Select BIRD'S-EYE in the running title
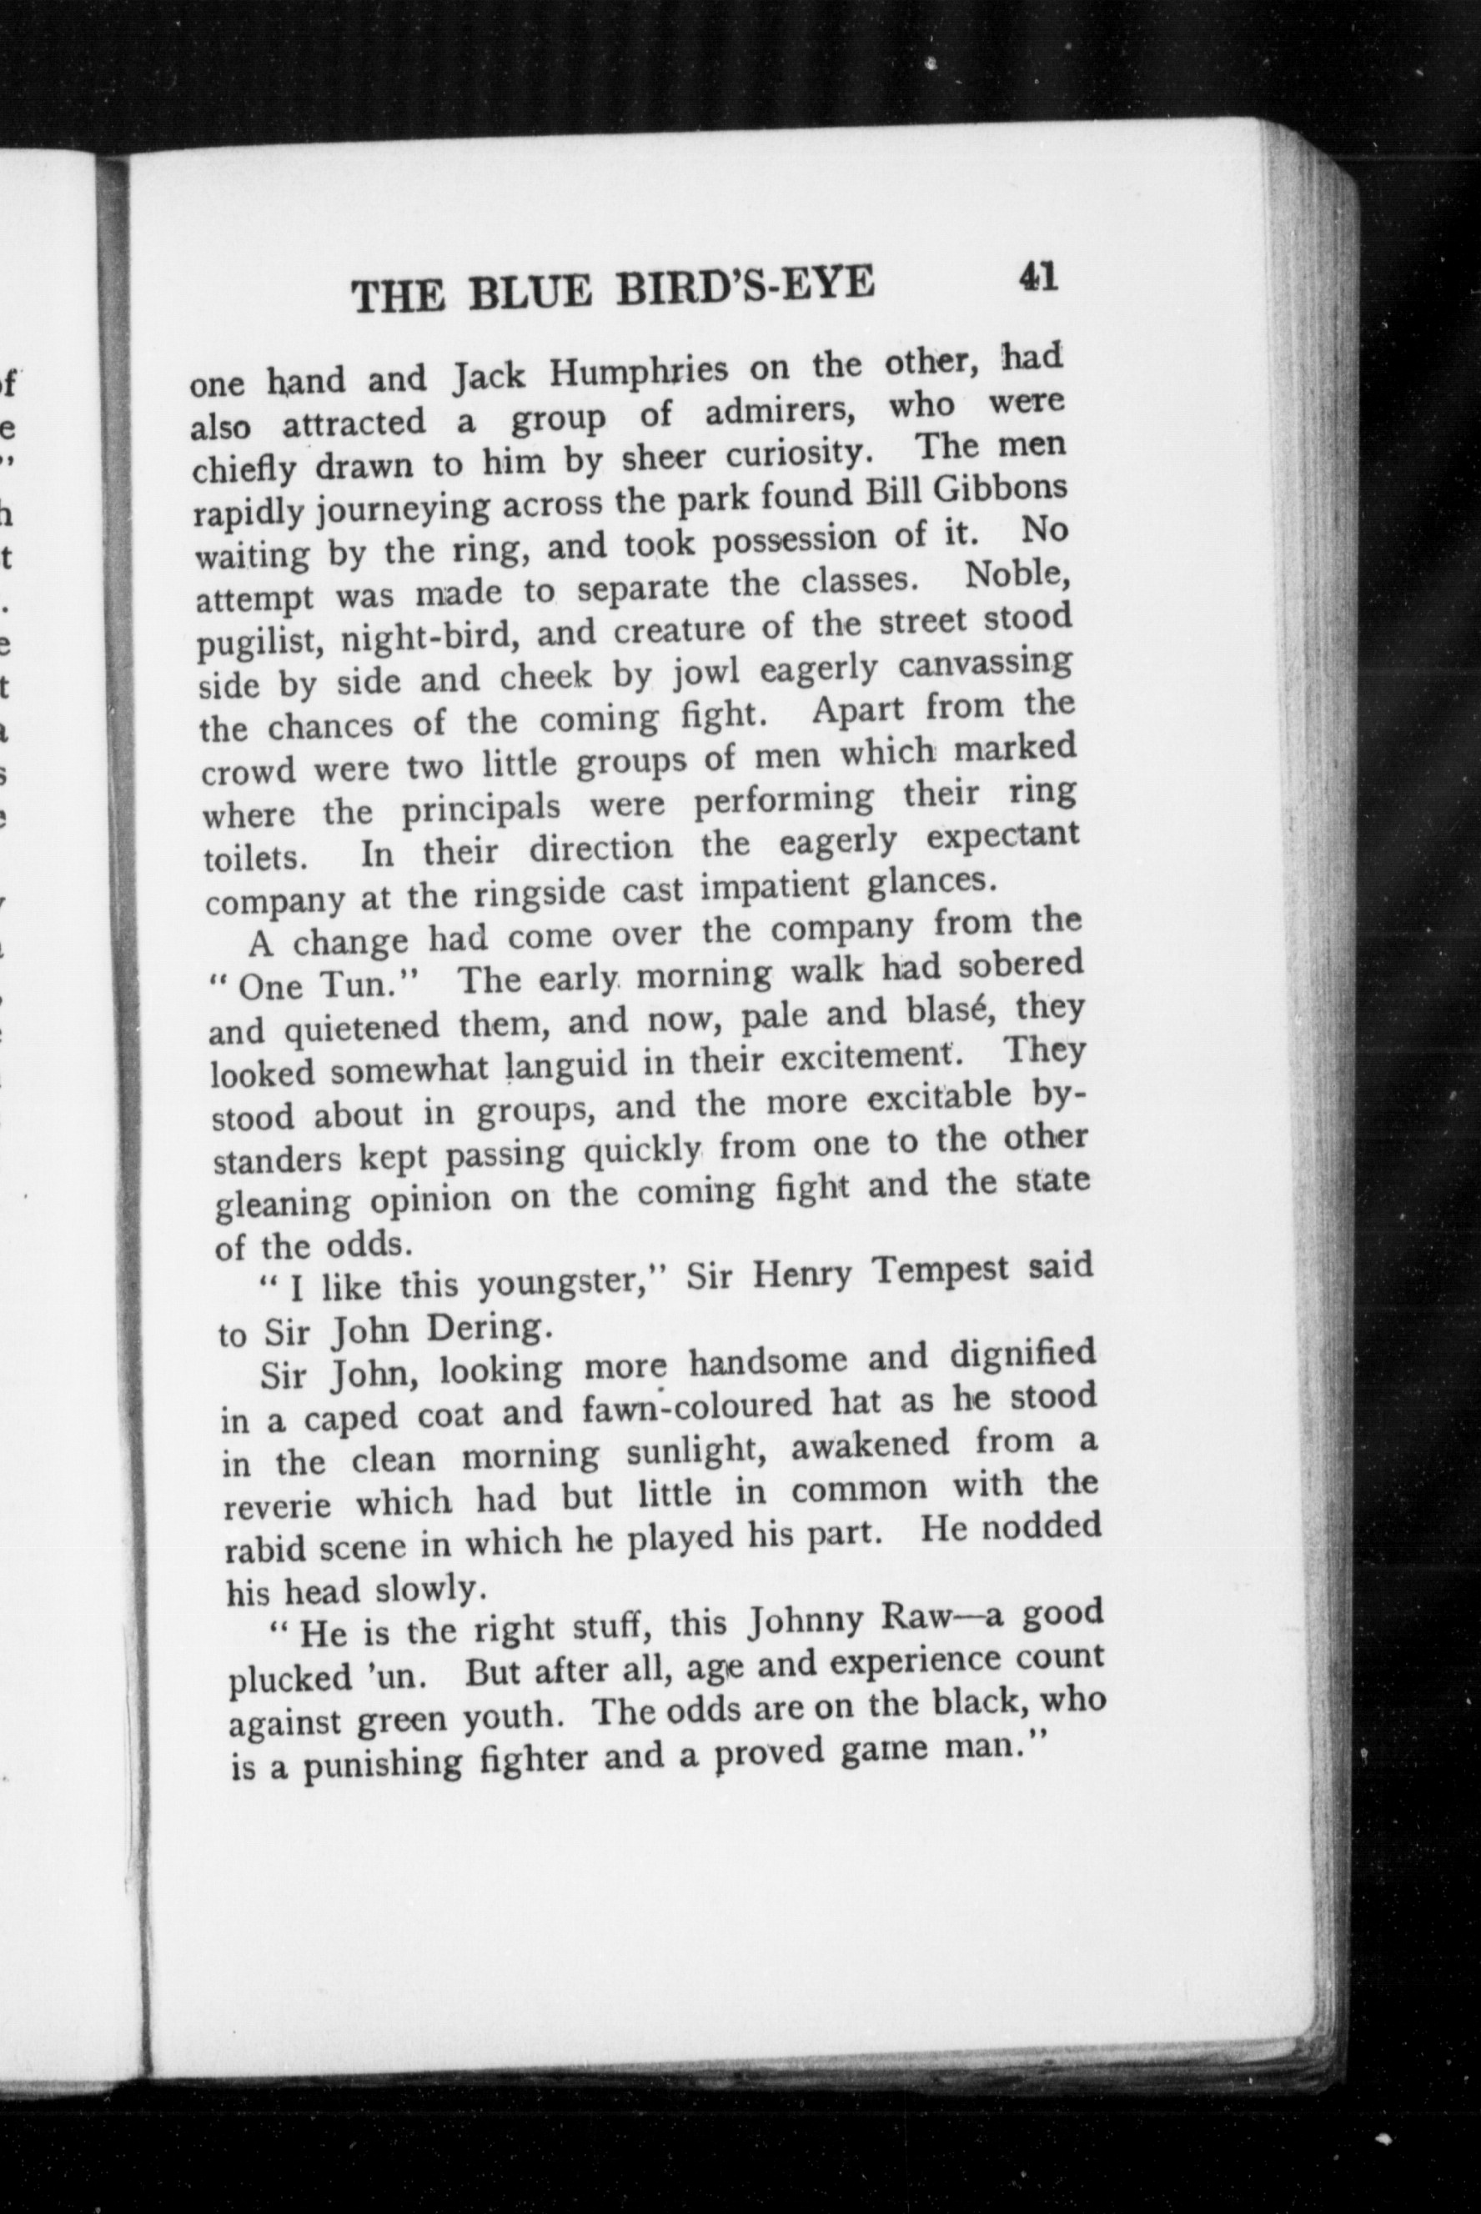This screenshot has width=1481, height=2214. (x=746, y=284)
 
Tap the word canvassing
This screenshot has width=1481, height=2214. (x=984, y=663)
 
